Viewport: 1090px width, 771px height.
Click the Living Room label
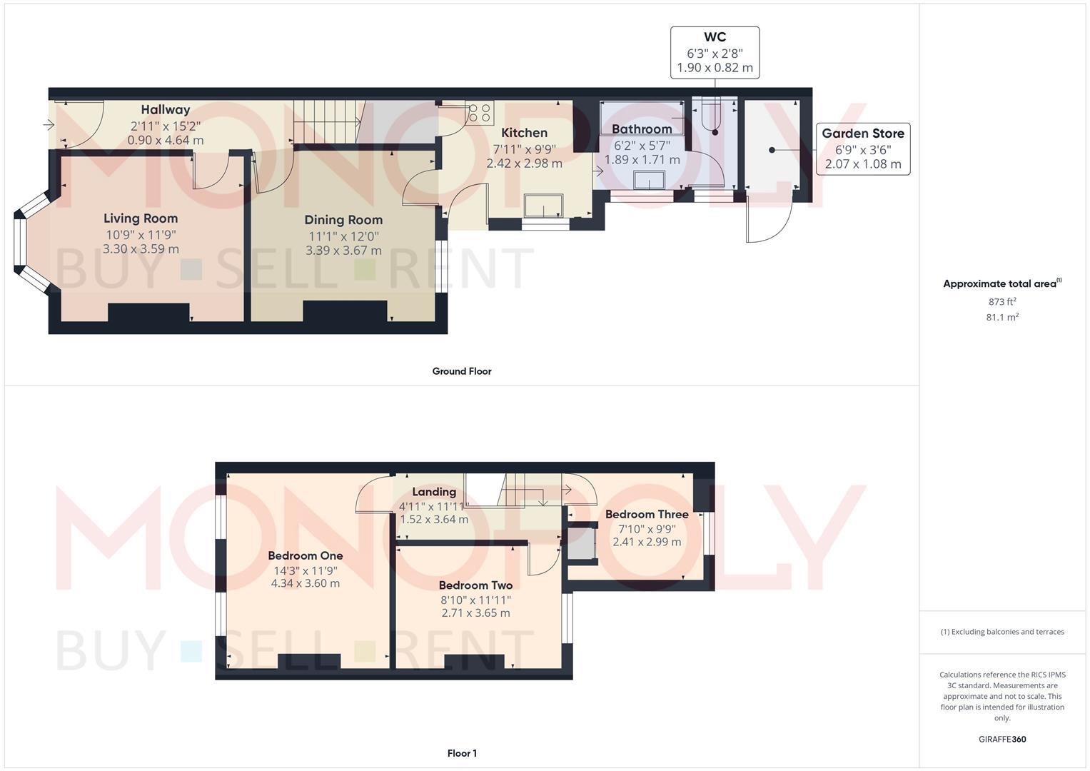point(141,218)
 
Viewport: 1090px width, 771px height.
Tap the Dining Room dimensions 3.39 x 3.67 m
point(343,251)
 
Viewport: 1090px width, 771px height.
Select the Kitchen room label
point(524,133)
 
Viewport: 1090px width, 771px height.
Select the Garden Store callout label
point(862,133)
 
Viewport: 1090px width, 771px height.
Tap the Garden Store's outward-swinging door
point(768,221)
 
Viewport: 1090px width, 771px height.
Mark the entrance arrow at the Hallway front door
point(49,126)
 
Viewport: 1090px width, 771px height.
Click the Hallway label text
point(165,110)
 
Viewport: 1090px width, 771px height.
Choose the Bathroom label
point(641,129)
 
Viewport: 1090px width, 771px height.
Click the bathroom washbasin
point(648,179)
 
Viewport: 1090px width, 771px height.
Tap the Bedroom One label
point(305,555)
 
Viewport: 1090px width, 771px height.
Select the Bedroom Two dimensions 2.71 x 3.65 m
point(475,613)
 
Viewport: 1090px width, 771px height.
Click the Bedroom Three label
point(647,514)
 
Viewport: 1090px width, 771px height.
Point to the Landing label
point(434,492)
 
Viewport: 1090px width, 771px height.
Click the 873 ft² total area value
point(1001,302)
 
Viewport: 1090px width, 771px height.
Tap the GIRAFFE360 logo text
point(1001,740)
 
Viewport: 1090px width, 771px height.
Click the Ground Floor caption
point(461,371)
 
